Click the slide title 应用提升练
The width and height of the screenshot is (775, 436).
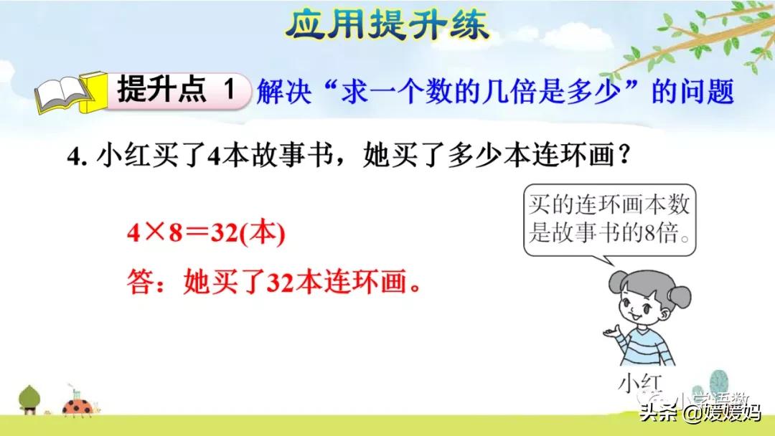pyautogui.click(x=387, y=25)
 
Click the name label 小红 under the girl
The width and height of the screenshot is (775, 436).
pyautogui.click(x=637, y=383)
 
